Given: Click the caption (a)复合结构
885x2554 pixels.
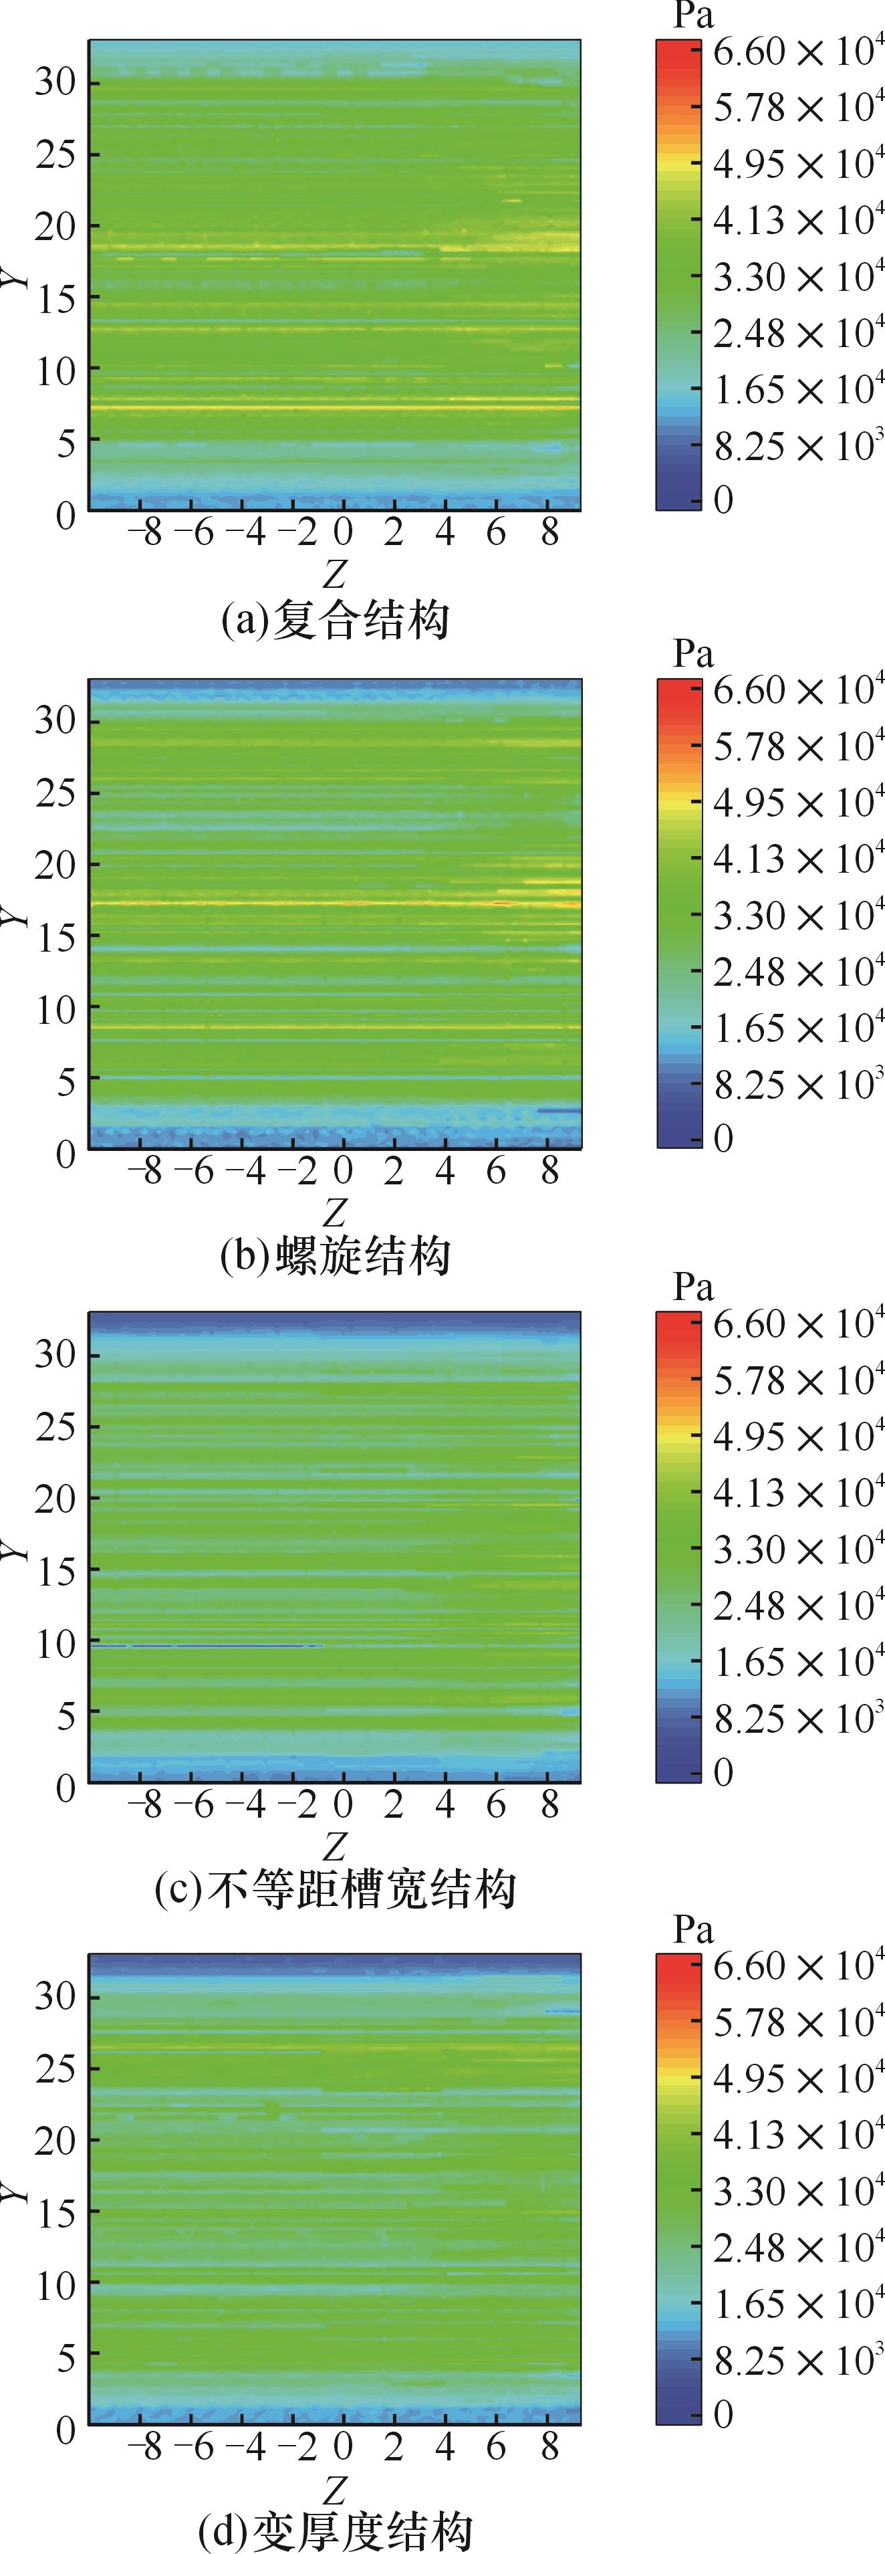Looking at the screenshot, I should pyautogui.click(x=334, y=620).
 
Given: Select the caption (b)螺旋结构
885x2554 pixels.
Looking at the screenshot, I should pyautogui.click(x=334, y=1256).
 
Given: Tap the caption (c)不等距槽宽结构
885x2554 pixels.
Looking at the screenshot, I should pyautogui.click(x=334, y=1890).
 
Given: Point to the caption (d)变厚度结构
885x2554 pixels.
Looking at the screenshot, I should pyautogui.click(x=334, y=2530).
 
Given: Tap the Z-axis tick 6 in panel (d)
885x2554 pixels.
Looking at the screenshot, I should pyautogui.click(x=495, y=2447).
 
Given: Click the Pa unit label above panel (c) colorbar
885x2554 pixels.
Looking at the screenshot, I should pyautogui.click(x=692, y=1287).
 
